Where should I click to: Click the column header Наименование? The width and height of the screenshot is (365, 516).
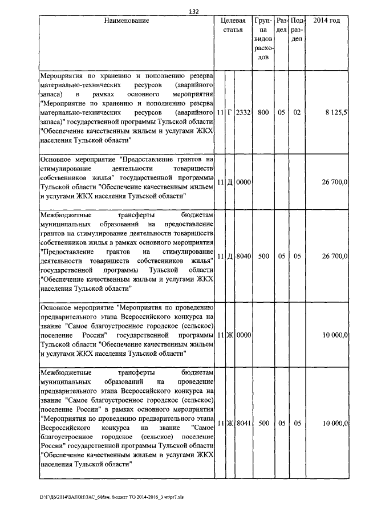pyautogui.click(x=127, y=21)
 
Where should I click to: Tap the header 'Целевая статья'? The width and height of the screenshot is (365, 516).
pyautogui.click(x=233, y=25)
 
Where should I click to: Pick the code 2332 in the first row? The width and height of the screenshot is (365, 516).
pyautogui.click(x=244, y=113)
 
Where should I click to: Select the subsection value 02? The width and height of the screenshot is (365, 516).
pyautogui.click(x=297, y=113)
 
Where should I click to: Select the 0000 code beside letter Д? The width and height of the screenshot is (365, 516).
pyautogui.click(x=244, y=182)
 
